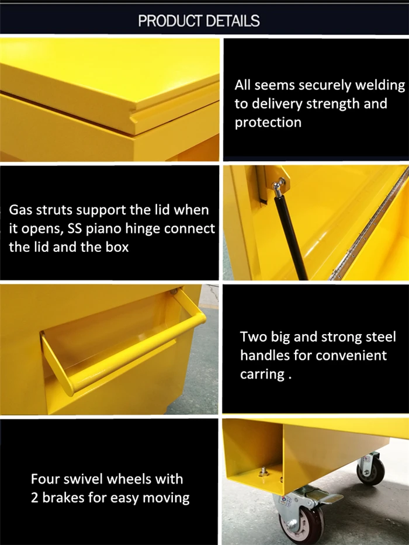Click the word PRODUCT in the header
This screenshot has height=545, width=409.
(170, 21)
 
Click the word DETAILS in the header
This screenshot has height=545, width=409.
(233, 21)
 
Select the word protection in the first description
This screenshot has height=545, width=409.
(268, 123)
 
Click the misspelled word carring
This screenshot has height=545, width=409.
(262, 374)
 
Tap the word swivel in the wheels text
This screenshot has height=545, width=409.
(88, 479)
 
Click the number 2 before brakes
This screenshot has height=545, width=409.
(34, 498)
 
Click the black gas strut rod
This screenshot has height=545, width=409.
(291, 237)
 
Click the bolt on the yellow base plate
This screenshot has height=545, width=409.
(264, 471)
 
